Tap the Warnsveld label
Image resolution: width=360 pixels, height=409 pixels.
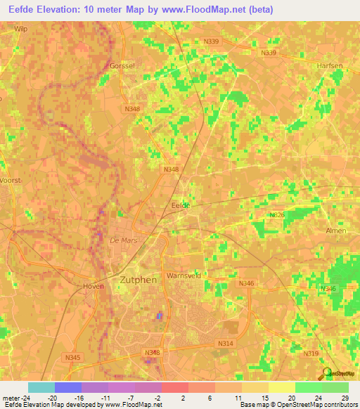pyautogui.click(x=184, y=276)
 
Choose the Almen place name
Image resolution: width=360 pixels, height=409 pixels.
pyautogui.click(x=336, y=231)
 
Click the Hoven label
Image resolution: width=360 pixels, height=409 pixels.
pyautogui.click(x=94, y=286)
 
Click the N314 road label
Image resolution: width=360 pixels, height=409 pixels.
pyautogui.click(x=226, y=343)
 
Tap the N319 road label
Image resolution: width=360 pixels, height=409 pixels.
pyautogui.click(x=311, y=353)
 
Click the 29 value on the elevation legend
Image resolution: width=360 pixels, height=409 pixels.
pyautogui.click(x=344, y=398)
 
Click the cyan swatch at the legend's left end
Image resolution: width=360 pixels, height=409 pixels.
pyautogui.click(x=41, y=387)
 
